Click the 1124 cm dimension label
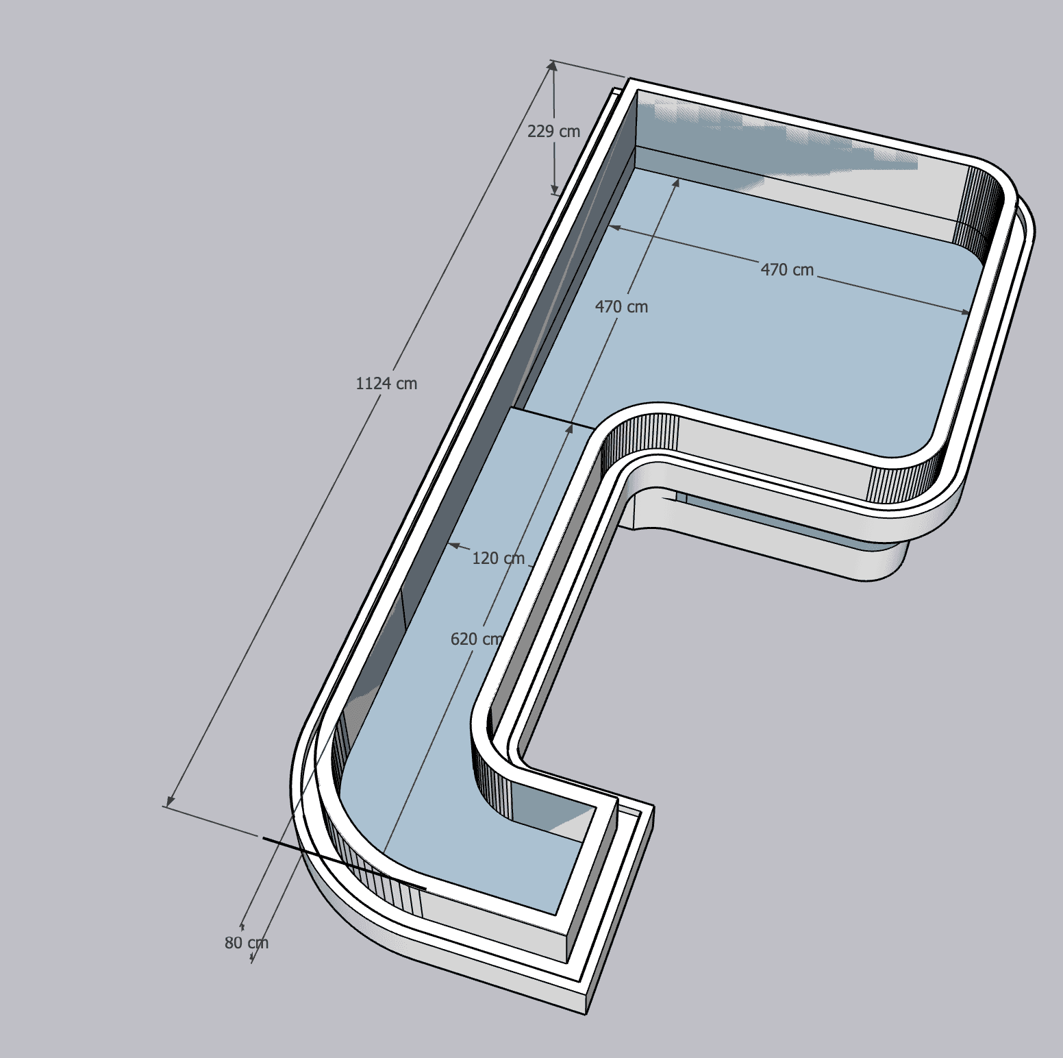coord(386,383)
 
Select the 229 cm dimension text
coord(553,131)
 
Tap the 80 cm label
coord(247,943)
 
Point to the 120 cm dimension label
coord(499,558)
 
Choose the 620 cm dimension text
coord(477,639)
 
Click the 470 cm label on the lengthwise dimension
coord(621,306)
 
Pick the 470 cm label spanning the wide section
coord(787,269)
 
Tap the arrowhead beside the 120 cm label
coord(453,545)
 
